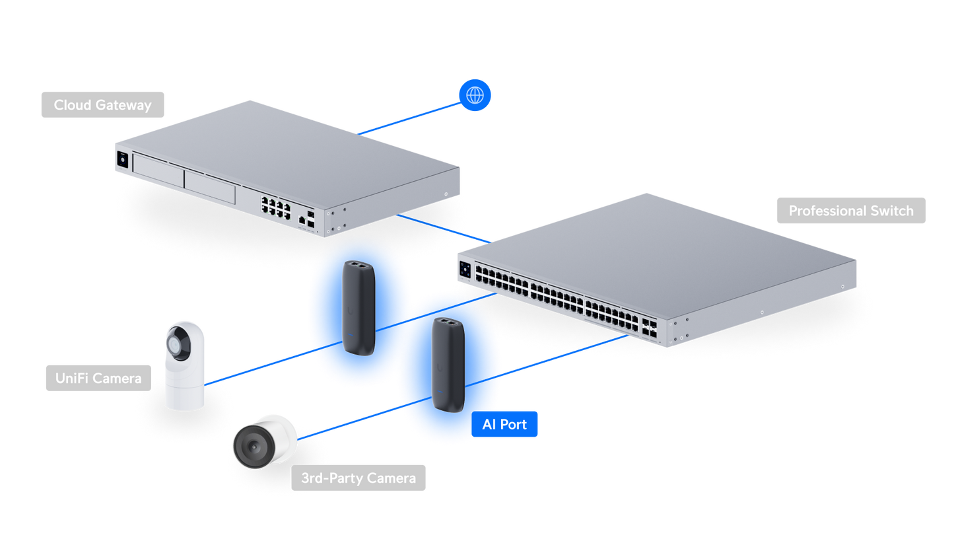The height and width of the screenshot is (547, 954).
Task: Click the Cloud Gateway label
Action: pyautogui.click(x=102, y=105)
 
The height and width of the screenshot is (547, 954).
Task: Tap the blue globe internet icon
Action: pyautogui.click(x=475, y=95)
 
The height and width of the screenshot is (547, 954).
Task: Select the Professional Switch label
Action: pyautogui.click(x=851, y=211)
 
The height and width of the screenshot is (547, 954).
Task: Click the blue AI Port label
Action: pyautogui.click(x=504, y=424)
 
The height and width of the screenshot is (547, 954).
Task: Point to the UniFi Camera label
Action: pyautogui.click(x=98, y=379)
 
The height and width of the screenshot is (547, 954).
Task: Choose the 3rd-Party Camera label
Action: pyautogui.click(x=358, y=478)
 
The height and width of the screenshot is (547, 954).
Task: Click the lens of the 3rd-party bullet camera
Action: pyautogui.click(x=254, y=447)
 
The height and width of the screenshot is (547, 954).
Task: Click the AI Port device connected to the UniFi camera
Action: pyautogui.click(x=359, y=308)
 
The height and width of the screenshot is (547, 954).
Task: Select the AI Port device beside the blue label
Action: pyautogui.click(x=448, y=365)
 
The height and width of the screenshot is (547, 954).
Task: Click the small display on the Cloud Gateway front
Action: pyautogui.click(x=123, y=160)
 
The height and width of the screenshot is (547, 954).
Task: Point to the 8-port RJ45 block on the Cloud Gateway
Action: pyautogui.click(x=276, y=207)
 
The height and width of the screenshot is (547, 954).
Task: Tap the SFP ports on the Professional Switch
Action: pyautogui.click(x=649, y=328)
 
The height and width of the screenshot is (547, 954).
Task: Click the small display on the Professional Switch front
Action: pyautogui.click(x=465, y=270)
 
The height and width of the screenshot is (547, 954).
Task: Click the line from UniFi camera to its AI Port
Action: pyautogui.click(x=273, y=363)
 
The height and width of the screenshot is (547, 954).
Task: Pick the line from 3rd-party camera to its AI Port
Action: pyautogui.click(x=364, y=418)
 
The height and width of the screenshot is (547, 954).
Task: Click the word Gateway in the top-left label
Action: pyautogui.click(x=123, y=105)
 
